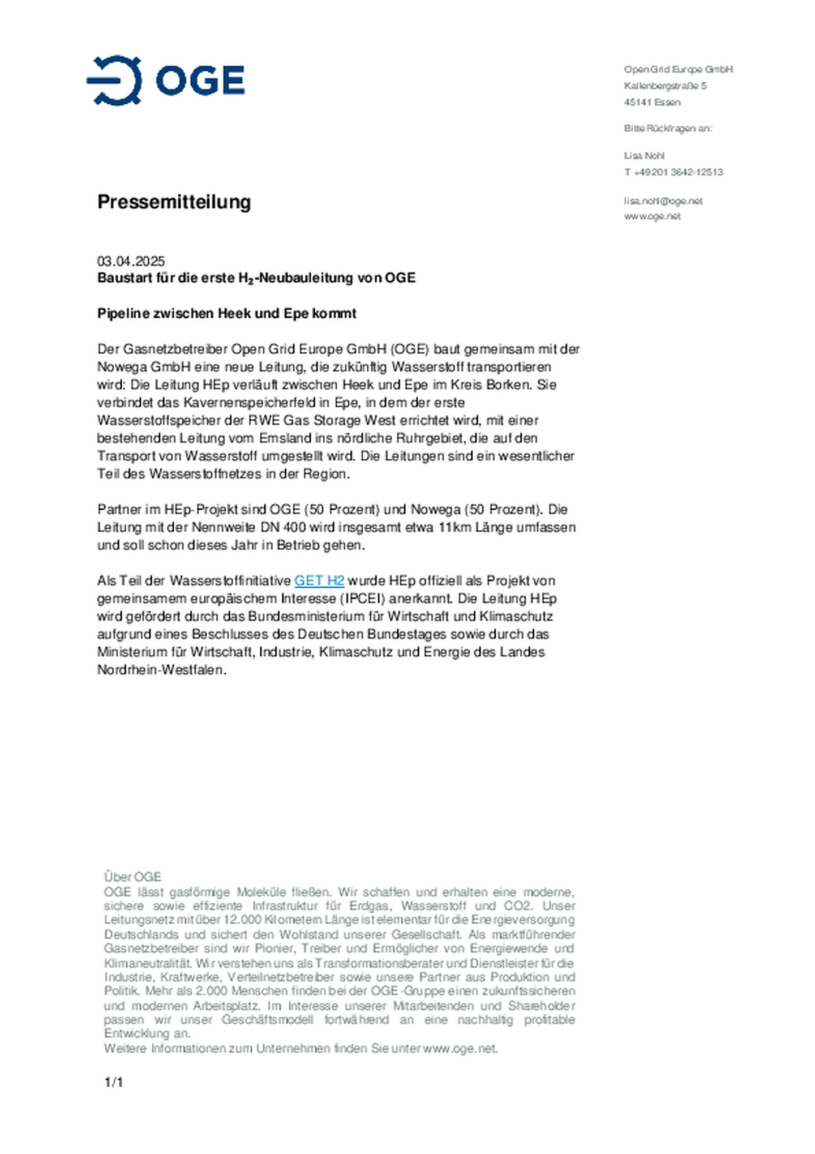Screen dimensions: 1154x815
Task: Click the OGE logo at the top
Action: coord(166,80)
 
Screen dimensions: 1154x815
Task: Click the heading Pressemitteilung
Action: coord(174,202)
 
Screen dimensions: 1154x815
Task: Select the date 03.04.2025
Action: coord(131,261)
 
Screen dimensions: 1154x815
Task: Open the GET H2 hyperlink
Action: coord(319,580)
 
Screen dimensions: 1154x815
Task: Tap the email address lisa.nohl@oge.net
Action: coord(663,201)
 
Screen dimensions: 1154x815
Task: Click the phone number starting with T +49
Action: coord(673,172)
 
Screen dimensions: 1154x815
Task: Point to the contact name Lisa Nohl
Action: coord(644,156)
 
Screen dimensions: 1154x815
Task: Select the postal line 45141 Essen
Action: coord(652,102)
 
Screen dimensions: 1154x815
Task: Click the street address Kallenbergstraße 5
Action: coord(665,86)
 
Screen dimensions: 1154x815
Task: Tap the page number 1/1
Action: coord(113,1082)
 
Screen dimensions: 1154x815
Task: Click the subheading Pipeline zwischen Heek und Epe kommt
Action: coord(226,313)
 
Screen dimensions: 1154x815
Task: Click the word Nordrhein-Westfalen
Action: coord(161,670)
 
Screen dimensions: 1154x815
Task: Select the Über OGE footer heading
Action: coord(132,877)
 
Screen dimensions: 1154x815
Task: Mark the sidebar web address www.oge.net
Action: coord(652,216)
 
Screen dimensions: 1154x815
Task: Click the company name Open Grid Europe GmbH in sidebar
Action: coord(678,69)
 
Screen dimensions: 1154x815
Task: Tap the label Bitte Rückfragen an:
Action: coord(668,129)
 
